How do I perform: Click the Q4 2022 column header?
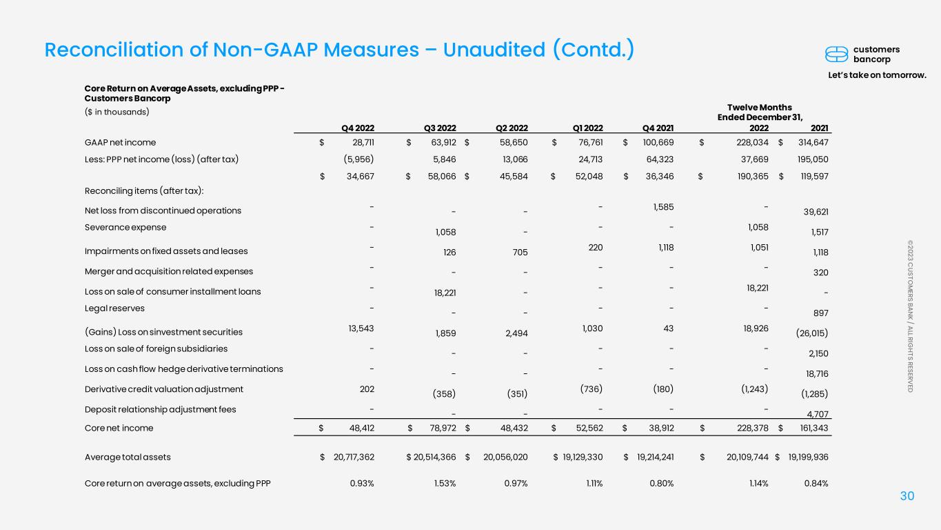coord(358,128)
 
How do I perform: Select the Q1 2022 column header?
coord(588,128)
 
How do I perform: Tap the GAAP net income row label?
coord(120,143)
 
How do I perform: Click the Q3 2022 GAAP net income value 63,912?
coord(444,143)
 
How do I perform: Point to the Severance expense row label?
coord(125,228)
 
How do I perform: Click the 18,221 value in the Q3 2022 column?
coord(445,293)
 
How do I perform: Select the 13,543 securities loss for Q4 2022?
coord(361,328)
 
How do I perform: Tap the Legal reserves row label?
coord(114,308)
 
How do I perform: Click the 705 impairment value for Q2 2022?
coord(520,253)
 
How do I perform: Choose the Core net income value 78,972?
coord(443,428)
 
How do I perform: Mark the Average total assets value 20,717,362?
coord(354,458)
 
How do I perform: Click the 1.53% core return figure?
coord(445,484)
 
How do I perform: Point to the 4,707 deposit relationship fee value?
coord(818,414)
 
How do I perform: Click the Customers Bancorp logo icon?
coord(837,55)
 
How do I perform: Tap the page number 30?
coord(907,496)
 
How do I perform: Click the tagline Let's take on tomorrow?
coord(877,75)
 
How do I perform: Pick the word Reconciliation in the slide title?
coord(114,50)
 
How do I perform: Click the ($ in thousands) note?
coord(117,112)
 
